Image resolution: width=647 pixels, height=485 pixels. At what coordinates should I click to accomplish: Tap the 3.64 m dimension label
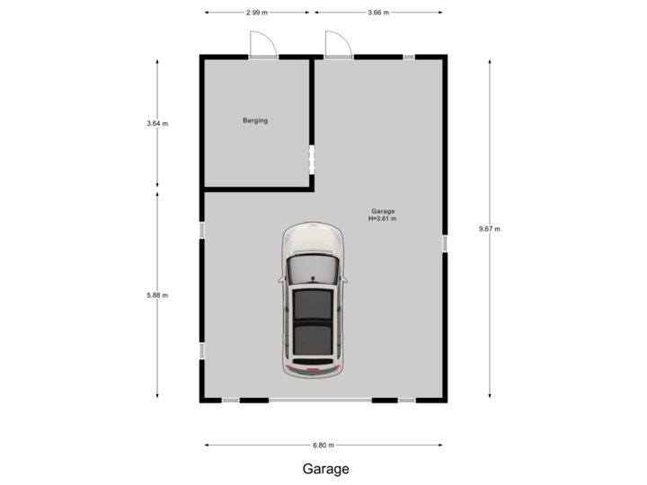(157, 124)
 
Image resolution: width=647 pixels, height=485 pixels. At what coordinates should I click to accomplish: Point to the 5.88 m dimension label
(157, 295)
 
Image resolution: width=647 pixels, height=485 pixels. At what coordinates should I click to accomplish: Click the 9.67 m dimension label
(489, 229)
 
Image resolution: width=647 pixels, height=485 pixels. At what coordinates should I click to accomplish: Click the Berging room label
(255, 120)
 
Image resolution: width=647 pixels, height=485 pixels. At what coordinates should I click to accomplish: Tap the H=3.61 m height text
(382, 218)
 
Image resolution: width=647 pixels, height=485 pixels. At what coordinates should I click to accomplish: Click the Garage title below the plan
(325, 469)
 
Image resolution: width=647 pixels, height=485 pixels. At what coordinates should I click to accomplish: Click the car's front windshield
(313, 270)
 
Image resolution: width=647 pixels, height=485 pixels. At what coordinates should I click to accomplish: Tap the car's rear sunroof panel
(313, 339)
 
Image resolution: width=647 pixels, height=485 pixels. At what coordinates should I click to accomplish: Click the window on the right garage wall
(445, 242)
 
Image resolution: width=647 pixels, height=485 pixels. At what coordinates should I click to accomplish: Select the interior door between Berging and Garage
(312, 159)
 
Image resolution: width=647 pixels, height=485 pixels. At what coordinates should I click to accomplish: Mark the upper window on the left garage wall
(201, 230)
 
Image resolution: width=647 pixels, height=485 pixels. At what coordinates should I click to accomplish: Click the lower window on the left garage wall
(201, 350)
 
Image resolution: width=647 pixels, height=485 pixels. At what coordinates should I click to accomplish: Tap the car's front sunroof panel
(313, 305)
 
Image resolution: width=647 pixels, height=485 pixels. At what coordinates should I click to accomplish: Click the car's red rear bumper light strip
(313, 369)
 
